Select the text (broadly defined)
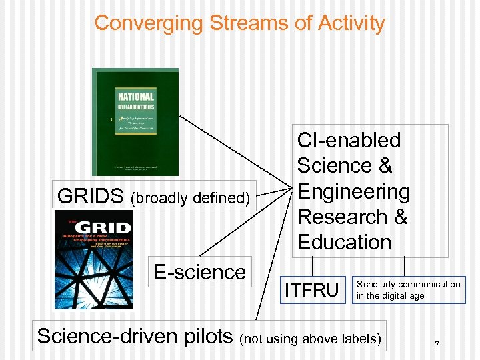coord(190,198)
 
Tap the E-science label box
coord(199,272)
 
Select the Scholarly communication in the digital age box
coord(408,290)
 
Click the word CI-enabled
coord(349,141)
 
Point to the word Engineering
coord(353,191)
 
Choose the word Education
coord(344,242)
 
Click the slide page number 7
coord(436,345)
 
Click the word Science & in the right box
coord(345,166)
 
